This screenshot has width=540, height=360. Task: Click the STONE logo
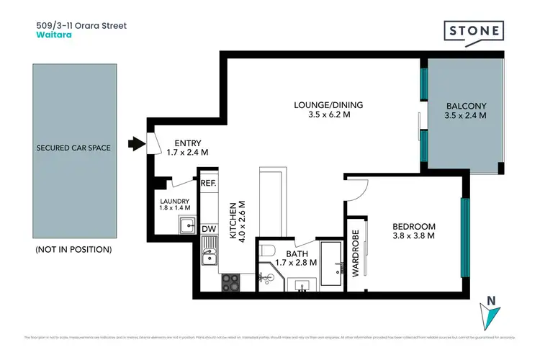[x=473, y=32]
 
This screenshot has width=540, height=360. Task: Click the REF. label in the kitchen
[x=208, y=183]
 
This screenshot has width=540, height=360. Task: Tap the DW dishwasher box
[x=208, y=229]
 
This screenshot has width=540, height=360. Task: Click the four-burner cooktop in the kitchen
[x=230, y=283]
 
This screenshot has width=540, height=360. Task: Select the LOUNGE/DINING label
[x=328, y=104]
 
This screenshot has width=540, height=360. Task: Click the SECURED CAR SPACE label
[x=73, y=148]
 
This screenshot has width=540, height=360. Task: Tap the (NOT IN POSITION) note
[x=73, y=249]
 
